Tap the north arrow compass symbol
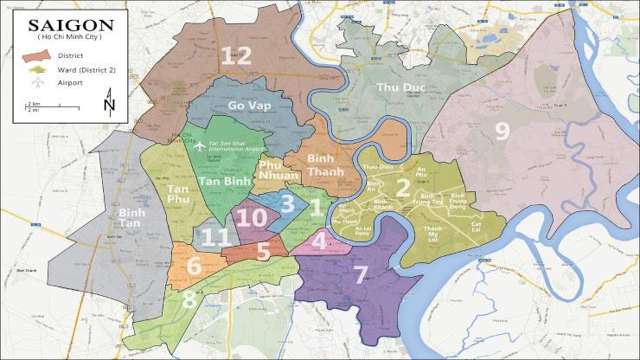[108, 106]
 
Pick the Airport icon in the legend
[38, 83]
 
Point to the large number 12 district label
[235, 56]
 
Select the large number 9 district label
[502, 131]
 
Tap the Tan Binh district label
[221, 182]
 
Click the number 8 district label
[189, 299]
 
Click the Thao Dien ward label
[369, 165]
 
